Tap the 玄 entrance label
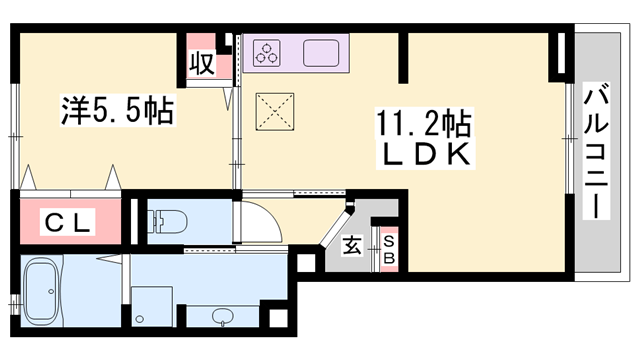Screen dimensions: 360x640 tap(354, 246)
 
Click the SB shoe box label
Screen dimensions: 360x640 tap(389, 248)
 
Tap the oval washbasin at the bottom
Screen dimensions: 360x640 tap(223, 318)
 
